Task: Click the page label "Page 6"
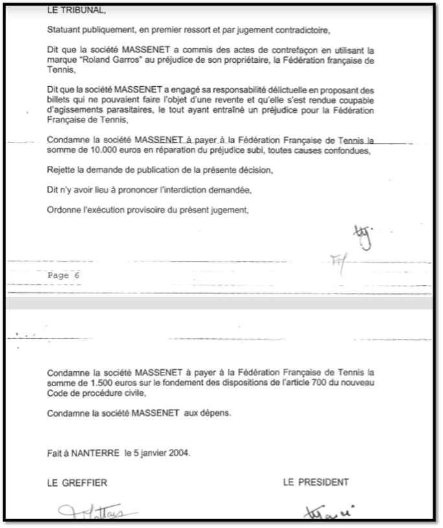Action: coord(63,275)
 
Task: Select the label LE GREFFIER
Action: coord(77,482)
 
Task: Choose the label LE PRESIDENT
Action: coord(316,482)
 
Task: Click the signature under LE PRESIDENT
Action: coord(326,512)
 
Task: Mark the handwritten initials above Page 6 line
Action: coord(363,236)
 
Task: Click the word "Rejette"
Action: coord(62,170)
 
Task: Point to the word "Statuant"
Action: coord(65,29)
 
